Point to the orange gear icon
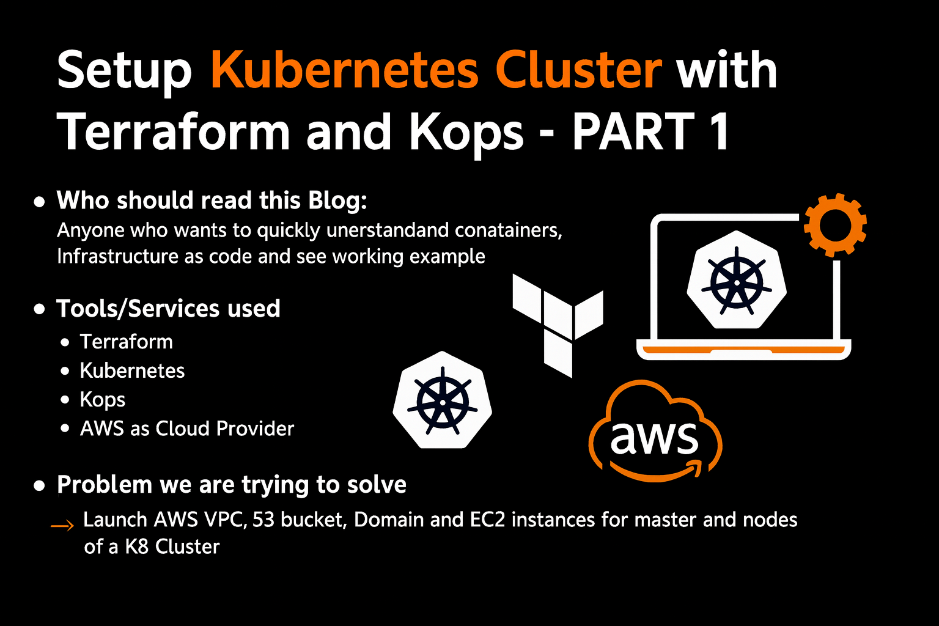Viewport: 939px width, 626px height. pos(834,224)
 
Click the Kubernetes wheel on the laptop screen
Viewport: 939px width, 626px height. pos(737,281)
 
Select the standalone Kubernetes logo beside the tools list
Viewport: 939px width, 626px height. pos(443,401)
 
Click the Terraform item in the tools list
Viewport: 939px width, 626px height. pos(127,342)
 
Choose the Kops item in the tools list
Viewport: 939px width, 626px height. pos(103,400)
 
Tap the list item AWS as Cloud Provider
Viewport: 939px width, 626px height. pos(186,429)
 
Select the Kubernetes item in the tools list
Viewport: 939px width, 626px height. pos(132,371)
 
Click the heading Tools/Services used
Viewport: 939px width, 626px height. pos(168,309)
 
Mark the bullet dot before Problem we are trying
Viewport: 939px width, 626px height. pos(40,486)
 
